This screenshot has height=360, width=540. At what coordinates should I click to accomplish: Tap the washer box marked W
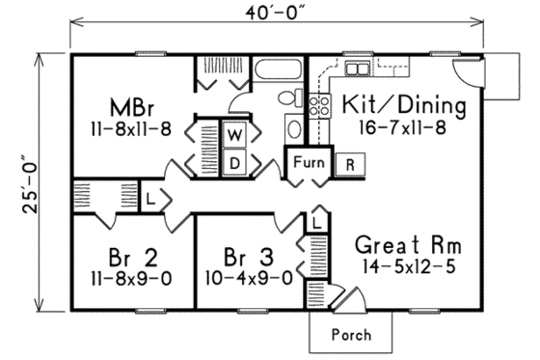click(234, 132)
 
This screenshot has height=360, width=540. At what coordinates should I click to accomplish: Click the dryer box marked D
click(234, 163)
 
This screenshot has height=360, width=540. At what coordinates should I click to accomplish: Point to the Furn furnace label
click(307, 161)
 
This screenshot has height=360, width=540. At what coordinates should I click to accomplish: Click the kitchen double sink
click(356, 69)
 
